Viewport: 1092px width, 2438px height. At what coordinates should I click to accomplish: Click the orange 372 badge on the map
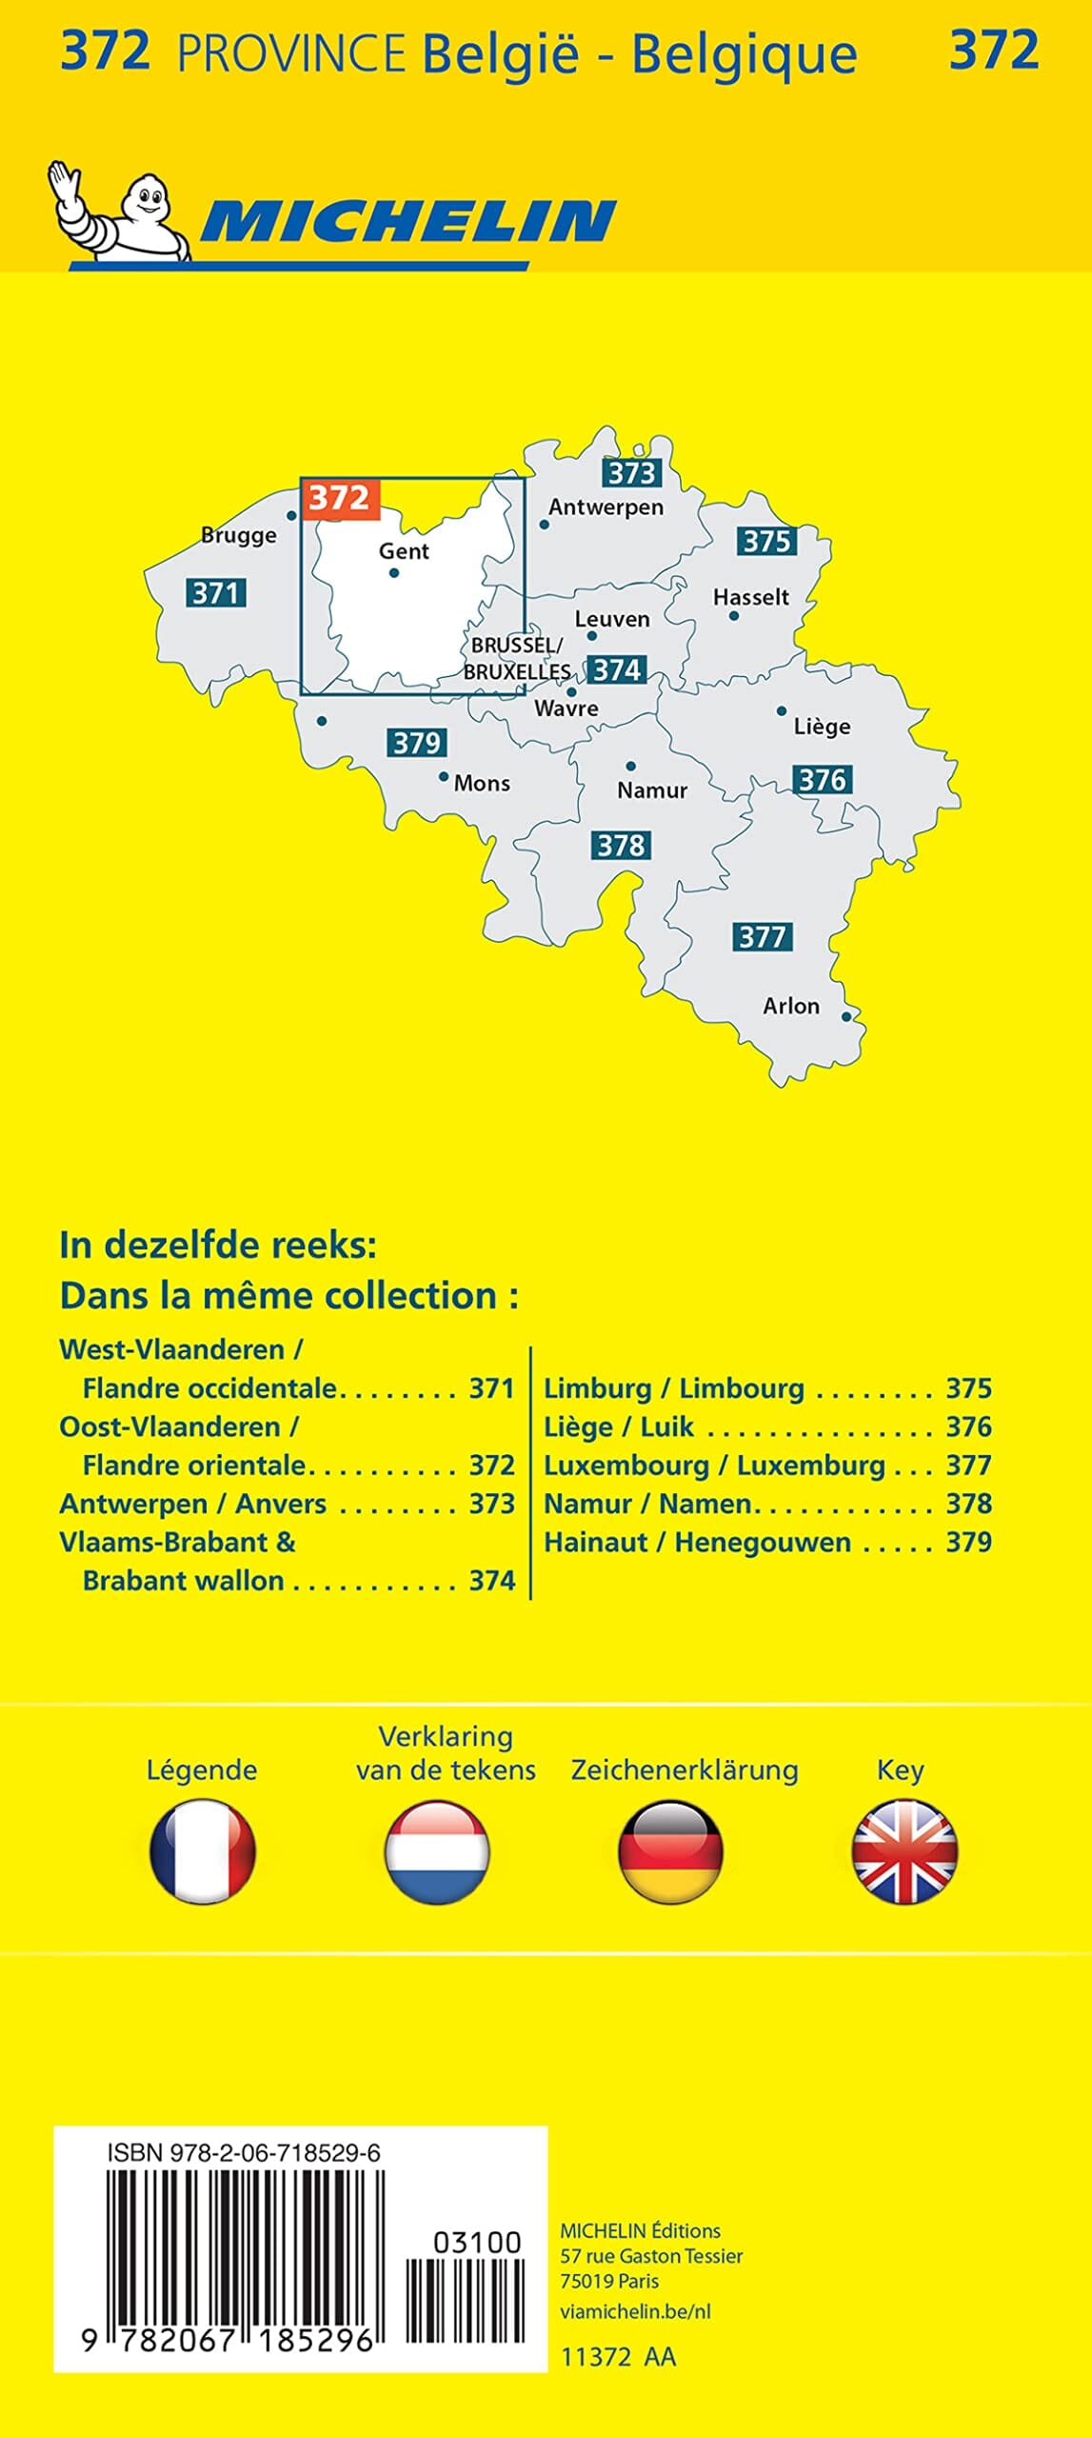tap(340, 498)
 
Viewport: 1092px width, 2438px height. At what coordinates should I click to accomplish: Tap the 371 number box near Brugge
tap(216, 593)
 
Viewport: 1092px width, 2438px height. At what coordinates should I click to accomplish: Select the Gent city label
tap(404, 551)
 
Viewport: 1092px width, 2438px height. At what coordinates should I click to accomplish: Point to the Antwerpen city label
tap(606, 508)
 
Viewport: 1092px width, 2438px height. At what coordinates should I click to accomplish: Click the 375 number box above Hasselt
tap(766, 542)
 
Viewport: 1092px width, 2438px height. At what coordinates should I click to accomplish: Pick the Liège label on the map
tap(822, 727)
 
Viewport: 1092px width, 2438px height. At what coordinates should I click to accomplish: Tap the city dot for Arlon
tap(846, 1017)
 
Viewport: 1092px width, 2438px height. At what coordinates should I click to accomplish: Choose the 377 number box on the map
tap(763, 937)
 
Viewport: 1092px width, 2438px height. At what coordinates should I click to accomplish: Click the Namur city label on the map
tap(652, 790)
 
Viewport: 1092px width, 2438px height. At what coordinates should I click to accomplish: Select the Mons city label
tap(482, 784)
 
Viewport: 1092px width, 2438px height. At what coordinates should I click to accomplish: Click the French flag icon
tap(203, 1851)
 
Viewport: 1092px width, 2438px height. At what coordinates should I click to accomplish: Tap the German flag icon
tap(670, 1851)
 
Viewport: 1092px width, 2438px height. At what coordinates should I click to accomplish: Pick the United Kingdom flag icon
tap(903, 1851)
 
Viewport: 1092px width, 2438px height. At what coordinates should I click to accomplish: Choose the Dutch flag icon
tap(437, 1851)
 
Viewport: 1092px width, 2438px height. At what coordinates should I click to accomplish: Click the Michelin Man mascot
tap(119, 213)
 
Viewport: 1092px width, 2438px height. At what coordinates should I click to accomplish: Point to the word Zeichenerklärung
tap(685, 1770)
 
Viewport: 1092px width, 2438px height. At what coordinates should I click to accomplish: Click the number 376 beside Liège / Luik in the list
tap(968, 1427)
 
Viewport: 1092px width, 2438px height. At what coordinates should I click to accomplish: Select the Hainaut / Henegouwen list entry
tap(697, 1542)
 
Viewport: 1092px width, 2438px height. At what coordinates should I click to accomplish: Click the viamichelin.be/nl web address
tap(635, 2311)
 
